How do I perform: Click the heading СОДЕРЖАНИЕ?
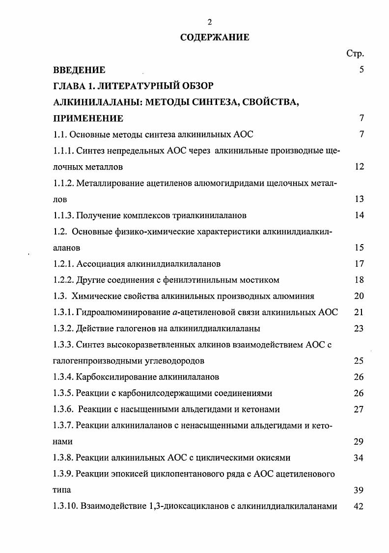[x=215, y=37]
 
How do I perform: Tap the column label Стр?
[x=355, y=53]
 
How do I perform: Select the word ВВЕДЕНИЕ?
[x=79, y=70]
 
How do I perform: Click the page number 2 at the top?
[x=210, y=22]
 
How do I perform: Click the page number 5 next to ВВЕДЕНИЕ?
[x=361, y=70]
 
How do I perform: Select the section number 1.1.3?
[x=64, y=215]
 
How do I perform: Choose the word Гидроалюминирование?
[x=118, y=312]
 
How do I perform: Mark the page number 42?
[x=359, y=506]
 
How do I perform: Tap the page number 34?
[x=359, y=458]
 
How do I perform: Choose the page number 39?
[x=359, y=490]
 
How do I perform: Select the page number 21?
[x=359, y=312]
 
